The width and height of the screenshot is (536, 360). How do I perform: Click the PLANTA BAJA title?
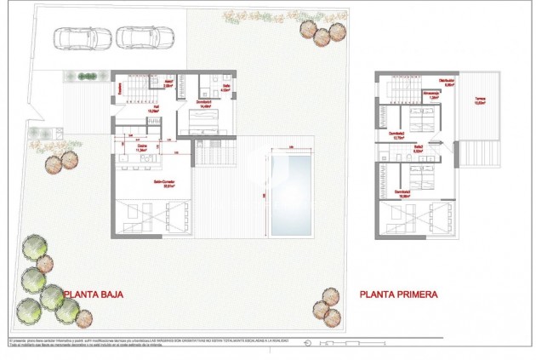coord(94,295)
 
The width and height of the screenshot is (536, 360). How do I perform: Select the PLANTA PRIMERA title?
coord(399,295)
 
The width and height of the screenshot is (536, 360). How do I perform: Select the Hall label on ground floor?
coord(155,108)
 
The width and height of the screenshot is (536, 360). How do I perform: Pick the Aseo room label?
coord(168,83)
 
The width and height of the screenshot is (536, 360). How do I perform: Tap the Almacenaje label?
coord(433,95)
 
